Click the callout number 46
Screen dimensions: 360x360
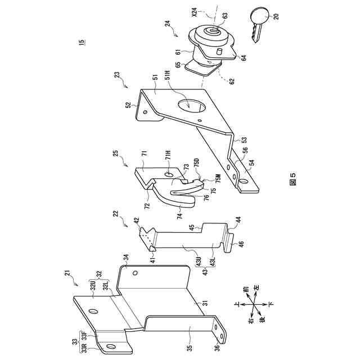point(241,245)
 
